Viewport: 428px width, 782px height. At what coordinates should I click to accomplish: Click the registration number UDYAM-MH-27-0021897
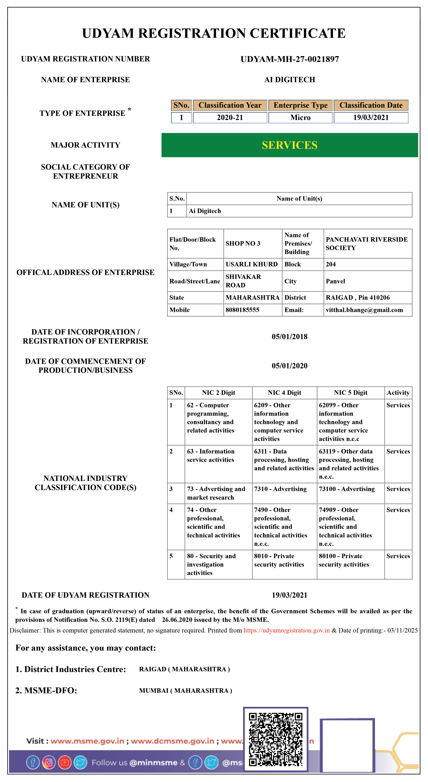click(x=289, y=59)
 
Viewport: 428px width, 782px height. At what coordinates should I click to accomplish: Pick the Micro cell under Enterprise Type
click(x=300, y=117)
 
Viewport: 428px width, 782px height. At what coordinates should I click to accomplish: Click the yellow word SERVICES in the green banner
click(x=289, y=145)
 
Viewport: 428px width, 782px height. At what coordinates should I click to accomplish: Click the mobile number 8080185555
click(x=242, y=310)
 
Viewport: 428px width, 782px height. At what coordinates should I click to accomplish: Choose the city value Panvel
click(x=335, y=281)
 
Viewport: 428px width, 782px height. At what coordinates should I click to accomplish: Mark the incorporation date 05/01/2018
click(x=289, y=337)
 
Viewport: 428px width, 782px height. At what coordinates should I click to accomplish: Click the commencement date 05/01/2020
click(x=289, y=366)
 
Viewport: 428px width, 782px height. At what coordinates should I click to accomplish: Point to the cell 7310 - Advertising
click(x=280, y=489)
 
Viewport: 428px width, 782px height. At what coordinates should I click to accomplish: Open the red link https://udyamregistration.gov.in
click(x=286, y=630)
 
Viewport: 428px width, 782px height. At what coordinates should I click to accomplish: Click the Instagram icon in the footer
click(x=49, y=763)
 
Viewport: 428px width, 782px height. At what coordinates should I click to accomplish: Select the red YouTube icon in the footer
click(x=65, y=763)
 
